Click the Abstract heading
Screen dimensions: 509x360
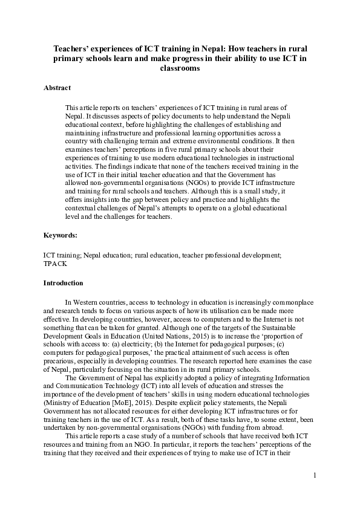click(x=57, y=88)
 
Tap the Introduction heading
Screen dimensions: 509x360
click(x=64, y=283)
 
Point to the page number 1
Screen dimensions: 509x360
click(x=315, y=476)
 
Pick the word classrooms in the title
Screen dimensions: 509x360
click(x=180, y=68)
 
